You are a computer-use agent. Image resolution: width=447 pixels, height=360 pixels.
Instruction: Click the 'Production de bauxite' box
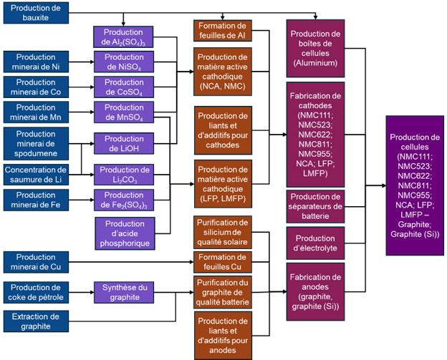[x=36, y=12]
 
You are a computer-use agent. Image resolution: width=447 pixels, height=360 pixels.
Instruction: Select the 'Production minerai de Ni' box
[x=36, y=62]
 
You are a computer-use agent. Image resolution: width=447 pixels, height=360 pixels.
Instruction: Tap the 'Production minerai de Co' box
[x=36, y=87]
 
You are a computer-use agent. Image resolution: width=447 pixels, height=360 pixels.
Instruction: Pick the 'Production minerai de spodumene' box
[x=36, y=143]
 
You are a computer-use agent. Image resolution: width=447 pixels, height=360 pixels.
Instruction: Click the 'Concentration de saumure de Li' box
[x=36, y=175]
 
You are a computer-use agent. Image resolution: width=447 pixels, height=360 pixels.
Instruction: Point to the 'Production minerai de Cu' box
[x=36, y=262]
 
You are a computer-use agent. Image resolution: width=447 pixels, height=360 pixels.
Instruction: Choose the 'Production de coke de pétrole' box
[x=36, y=292]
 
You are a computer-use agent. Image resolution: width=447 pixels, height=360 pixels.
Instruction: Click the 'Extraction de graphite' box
[x=36, y=321]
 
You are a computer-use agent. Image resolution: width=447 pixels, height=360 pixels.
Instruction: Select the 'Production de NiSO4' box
[x=123, y=62]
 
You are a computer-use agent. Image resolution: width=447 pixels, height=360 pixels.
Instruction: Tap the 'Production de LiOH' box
[x=123, y=143]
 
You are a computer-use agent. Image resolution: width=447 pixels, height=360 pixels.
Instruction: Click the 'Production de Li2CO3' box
[x=123, y=175]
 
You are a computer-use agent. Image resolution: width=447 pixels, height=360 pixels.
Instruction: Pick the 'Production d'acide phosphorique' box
[x=123, y=233]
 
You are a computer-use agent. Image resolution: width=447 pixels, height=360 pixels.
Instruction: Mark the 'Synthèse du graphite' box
[x=123, y=292]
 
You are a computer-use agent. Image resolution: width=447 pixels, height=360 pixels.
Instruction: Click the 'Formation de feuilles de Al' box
[x=223, y=31]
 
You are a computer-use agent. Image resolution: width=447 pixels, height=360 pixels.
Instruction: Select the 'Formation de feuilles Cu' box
[x=223, y=262]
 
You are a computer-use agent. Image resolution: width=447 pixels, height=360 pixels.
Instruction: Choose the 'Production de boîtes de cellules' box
[x=316, y=48]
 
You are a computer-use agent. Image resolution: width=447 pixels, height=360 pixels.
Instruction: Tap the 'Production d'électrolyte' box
[x=316, y=243]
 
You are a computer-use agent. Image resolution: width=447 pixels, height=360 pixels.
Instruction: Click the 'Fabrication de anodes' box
[x=316, y=291]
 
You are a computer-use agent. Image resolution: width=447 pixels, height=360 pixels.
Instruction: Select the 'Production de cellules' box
[x=415, y=185]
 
